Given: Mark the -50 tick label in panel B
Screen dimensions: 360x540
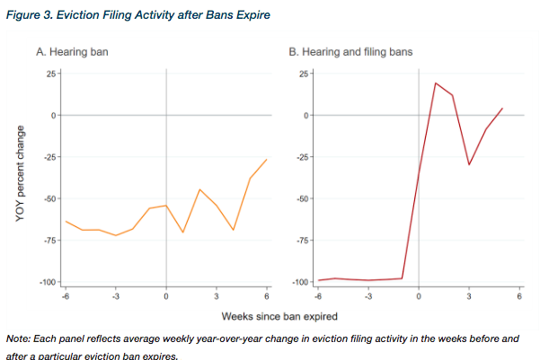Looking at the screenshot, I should pyautogui.click(x=302, y=199).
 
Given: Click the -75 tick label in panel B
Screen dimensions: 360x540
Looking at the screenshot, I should pyautogui.click(x=302, y=241).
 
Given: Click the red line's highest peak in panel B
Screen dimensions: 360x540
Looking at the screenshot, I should pyautogui.click(x=436, y=83).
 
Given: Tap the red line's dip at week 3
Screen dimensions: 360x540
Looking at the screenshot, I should pyautogui.click(x=469, y=164).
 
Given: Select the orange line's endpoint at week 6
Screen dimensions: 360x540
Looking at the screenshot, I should pyautogui.click(x=267, y=159).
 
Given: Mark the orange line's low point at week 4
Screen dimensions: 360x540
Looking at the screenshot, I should pyautogui.click(x=234, y=230).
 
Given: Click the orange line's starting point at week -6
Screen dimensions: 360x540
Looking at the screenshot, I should pyautogui.click(x=66, y=221).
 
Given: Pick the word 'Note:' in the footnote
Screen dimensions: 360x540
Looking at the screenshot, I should pyautogui.click(x=18, y=338).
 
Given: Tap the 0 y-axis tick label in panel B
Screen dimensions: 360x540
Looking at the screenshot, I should pyautogui.click(x=305, y=116).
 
